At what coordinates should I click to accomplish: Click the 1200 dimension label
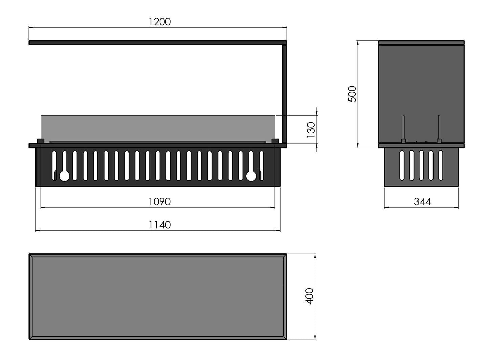point(160,22)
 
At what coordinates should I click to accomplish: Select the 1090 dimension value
point(160,202)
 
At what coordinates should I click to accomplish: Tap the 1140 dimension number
point(160,225)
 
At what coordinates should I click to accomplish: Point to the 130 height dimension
point(311,129)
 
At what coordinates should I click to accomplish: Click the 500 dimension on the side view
point(352,94)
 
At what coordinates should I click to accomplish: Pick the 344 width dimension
point(422,202)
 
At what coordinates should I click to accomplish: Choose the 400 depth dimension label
point(309,296)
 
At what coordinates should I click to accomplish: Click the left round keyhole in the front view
point(64,176)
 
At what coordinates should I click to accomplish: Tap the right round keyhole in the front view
point(251,176)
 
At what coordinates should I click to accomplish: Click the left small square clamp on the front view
point(40,141)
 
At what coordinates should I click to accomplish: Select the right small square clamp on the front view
point(275,141)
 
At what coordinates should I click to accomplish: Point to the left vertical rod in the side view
point(403,127)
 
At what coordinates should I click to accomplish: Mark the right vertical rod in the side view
point(439,127)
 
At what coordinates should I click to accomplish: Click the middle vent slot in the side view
point(422,165)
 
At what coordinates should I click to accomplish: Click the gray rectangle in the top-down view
point(158,297)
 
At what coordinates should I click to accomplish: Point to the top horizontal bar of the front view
point(158,42)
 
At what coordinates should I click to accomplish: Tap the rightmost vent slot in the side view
point(441,165)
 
